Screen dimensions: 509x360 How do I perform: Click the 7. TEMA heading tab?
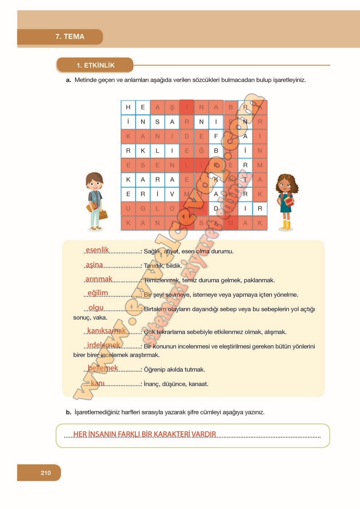(69, 37)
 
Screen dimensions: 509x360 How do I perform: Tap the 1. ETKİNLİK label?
(95, 65)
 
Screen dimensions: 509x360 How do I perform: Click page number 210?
(46, 473)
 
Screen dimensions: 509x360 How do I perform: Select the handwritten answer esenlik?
(97, 250)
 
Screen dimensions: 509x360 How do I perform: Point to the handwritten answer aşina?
(95, 265)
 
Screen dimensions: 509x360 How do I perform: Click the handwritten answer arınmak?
(99, 279)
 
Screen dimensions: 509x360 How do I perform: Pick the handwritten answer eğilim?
(98, 293)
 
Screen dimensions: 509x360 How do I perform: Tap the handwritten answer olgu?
(96, 308)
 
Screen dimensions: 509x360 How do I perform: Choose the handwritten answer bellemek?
(103, 368)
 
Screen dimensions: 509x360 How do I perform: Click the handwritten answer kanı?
(97, 383)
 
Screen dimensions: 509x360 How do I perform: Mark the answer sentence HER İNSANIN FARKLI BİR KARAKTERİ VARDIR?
(145, 434)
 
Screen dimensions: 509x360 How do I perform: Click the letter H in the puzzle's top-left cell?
(128, 107)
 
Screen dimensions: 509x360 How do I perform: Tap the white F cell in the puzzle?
(216, 136)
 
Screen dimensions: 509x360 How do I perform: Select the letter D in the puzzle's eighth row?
(216, 209)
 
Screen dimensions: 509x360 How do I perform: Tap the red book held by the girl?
(289, 201)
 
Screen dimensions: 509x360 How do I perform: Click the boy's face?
(95, 184)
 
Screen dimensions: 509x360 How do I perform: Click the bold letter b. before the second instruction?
(68, 412)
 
